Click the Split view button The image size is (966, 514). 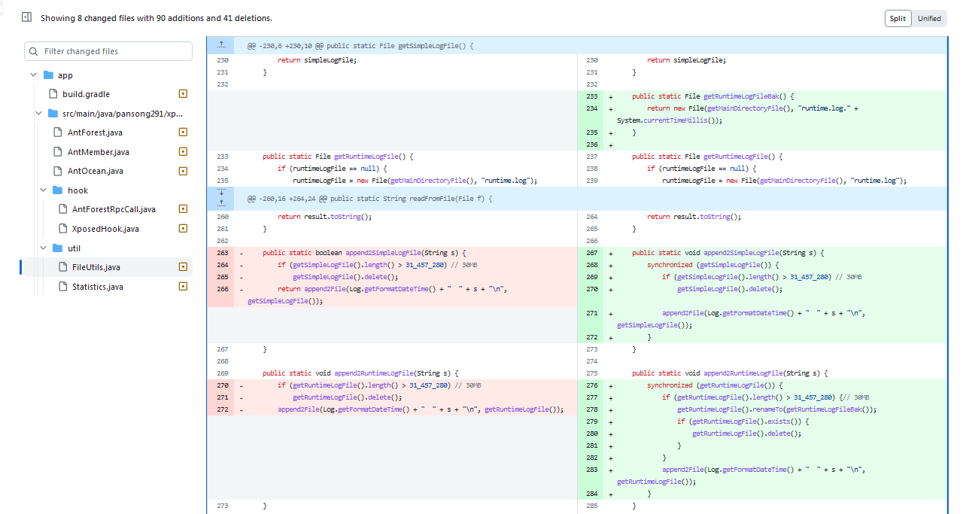(898, 19)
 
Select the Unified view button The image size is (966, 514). (929, 19)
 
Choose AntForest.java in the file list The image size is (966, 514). (95, 132)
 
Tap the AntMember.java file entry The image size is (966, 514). (98, 152)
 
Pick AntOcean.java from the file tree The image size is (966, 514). (95, 171)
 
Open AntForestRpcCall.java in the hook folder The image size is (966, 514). (114, 209)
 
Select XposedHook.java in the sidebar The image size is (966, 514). (105, 229)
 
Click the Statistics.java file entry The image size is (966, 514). (97, 287)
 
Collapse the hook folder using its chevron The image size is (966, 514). (44, 190)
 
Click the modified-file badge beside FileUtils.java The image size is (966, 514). (182, 267)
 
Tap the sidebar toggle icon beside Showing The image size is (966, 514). (27, 17)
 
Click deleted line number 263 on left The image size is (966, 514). (222, 253)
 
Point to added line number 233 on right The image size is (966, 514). (591, 96)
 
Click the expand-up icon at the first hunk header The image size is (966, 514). (221, 45)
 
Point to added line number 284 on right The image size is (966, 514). (591, 494)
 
